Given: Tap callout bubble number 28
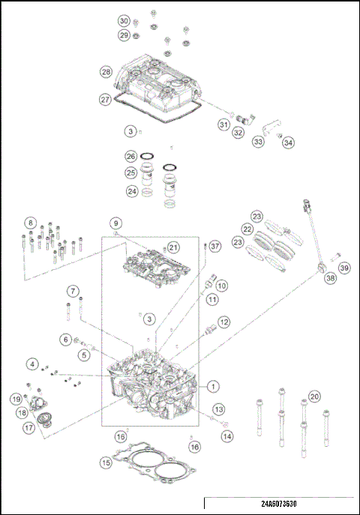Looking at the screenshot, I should click(106, 71).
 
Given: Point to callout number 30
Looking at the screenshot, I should click(124, 20).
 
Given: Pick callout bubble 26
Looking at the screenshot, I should click(130, 157).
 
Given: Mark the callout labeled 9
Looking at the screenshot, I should click(116, 223).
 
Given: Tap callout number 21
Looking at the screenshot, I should click(173, 247).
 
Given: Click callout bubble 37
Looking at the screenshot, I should click(214, 246).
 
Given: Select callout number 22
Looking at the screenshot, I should click(247, 229).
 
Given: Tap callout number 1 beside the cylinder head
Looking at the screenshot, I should click(214, 387).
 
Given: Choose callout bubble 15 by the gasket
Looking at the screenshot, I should click(106, 463).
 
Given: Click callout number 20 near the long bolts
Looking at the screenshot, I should click(314, 396).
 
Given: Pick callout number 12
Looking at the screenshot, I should click(223, 322).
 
